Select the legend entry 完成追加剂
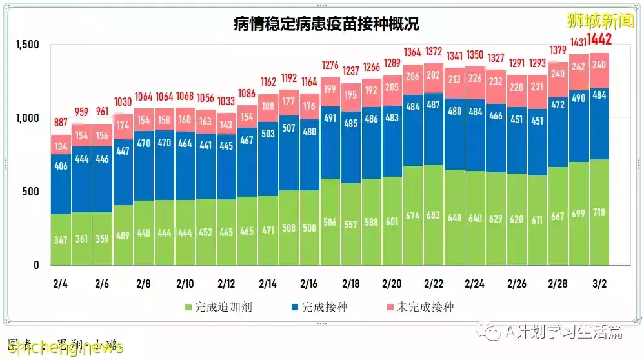(x=220, y=307)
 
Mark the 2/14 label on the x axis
(x=268, y=284)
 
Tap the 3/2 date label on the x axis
(x=598, y=284)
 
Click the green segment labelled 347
(x=61, y=239)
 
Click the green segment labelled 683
(x=434, y=215)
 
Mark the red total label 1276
(x=330, y=65)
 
